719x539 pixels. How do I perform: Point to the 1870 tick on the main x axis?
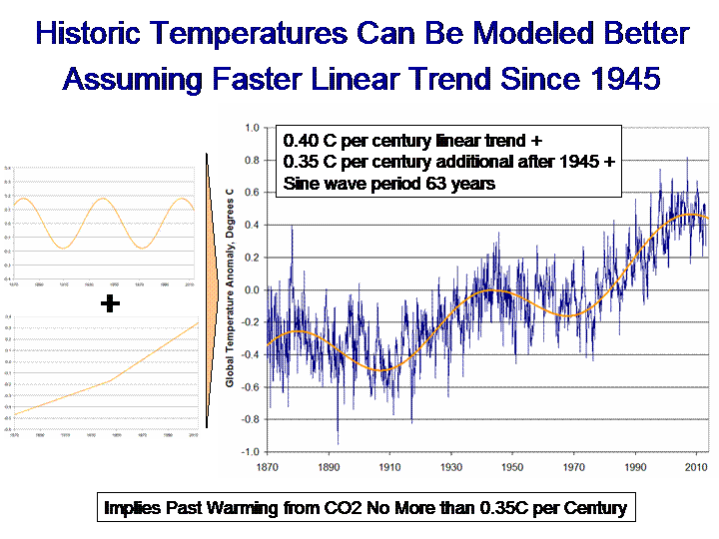[x=268, y=466]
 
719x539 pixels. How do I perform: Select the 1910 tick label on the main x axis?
[x=388, y=466]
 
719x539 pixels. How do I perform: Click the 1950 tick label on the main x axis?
[x=512, y=466]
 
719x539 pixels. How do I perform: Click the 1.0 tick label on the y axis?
[x=250, y=128]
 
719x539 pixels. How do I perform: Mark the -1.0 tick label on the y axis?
[x=248, y=451]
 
